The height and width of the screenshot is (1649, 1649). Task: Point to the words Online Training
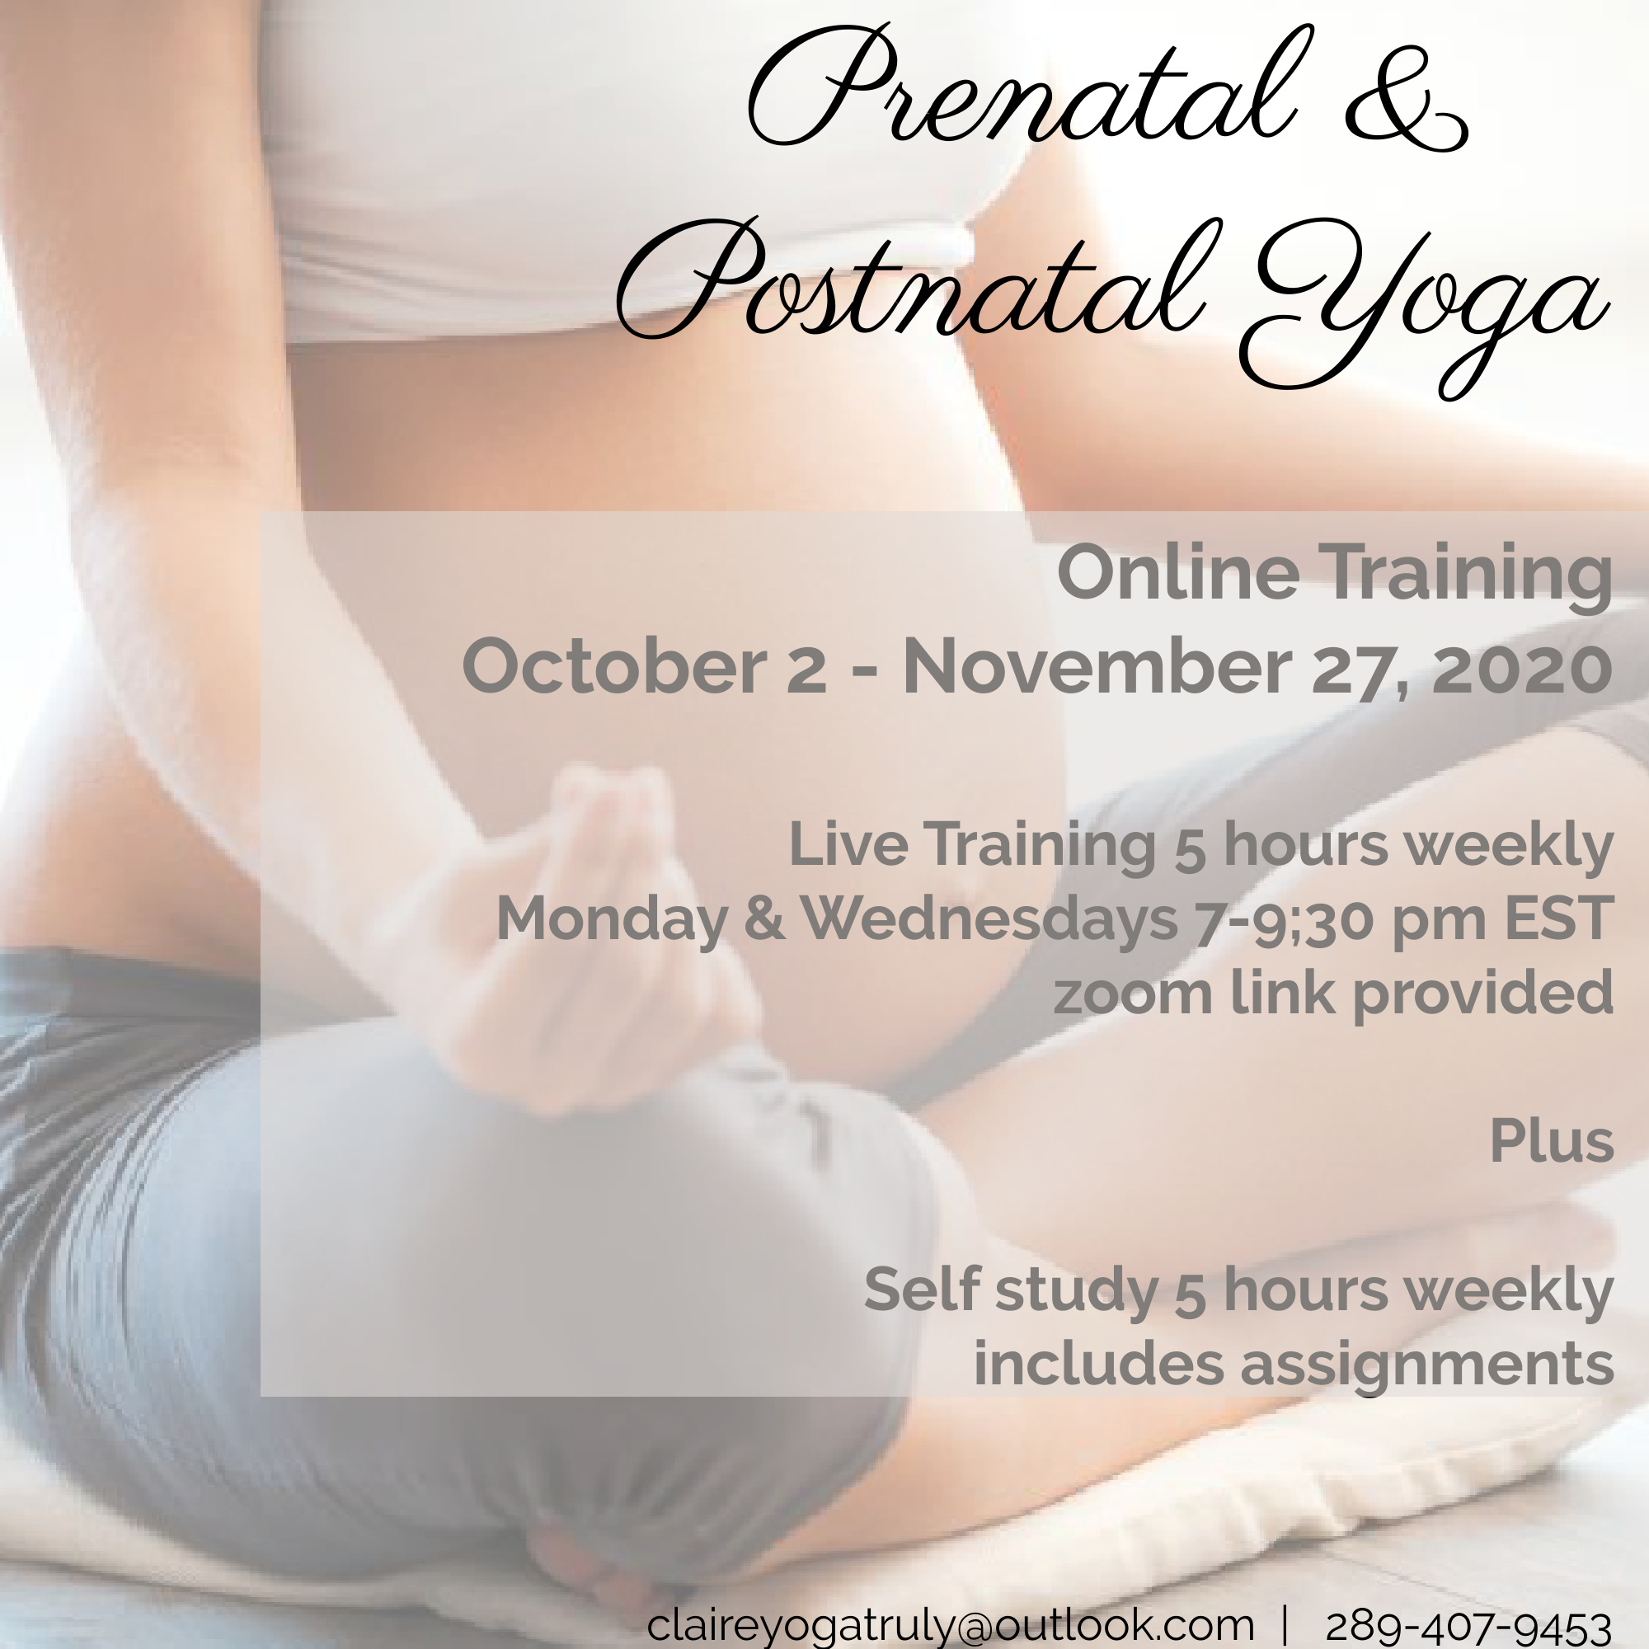(1335, 575)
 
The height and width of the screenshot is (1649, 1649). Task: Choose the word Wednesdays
(989, 920)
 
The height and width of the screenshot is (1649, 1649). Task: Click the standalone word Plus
(1552, 1141)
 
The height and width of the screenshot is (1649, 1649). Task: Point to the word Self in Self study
(922, 1290)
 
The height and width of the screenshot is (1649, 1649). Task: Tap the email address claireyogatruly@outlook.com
(950, 1625)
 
